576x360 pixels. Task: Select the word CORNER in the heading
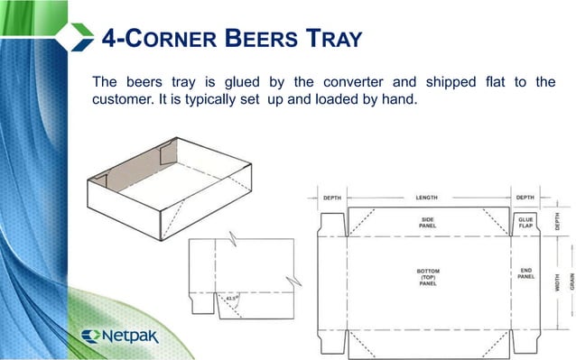point(167,40)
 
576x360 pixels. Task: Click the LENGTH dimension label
point(428,196)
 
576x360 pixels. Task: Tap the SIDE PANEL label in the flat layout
point(428,222)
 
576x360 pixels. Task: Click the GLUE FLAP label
point(525,222)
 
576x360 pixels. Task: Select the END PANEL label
point(525,273)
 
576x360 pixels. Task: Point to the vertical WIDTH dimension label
point(559,275)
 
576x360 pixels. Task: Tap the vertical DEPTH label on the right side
point(558,222)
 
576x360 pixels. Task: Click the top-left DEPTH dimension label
point(331,196)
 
